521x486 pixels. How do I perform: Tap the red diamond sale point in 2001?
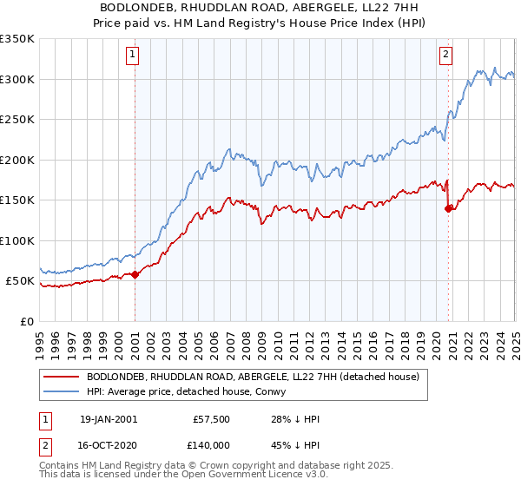click(135, 275)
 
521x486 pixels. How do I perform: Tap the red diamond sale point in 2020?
click(448, 208)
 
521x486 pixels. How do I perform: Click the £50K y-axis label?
click(19, 281)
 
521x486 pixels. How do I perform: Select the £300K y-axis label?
click(16, 79)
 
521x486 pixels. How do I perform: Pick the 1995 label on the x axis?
click(40, 338)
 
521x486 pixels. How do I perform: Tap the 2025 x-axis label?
click(514, 338)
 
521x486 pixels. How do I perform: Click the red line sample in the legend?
click(62, 376)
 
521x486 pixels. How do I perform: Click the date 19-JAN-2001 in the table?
click(109, 419)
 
